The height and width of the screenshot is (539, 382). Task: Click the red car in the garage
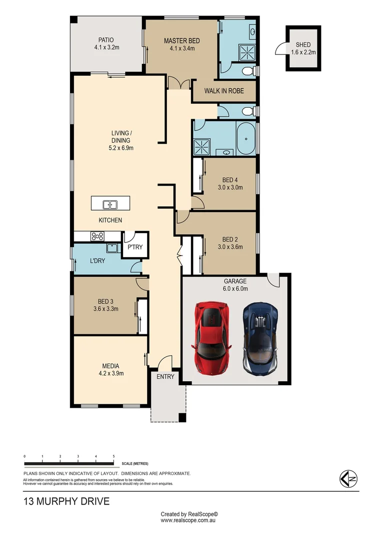(x=212, y=338)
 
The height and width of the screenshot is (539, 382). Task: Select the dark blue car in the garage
(x=260, y=338)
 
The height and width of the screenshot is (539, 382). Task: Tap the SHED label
(x=302, y=44)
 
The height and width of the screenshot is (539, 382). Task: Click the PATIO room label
(x=106, y=40)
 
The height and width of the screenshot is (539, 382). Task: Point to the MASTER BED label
(x=182, y=41)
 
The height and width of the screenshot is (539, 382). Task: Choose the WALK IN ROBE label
(x=224, y=91)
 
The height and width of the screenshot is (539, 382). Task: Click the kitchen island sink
(x=110, y=204)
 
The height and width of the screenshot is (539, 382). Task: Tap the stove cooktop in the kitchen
(x=97, y=236)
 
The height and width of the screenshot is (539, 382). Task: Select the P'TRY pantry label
(x=135, y=247)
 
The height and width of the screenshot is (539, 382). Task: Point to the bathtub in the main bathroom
(x=245, y=139)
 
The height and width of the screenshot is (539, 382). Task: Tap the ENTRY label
(x=165, y=376)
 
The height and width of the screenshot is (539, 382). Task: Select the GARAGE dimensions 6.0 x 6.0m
(x=235, y=288)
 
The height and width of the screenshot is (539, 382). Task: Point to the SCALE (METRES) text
(x=134, y=464)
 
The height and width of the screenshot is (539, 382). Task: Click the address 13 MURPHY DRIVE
(x=66, y=501)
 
